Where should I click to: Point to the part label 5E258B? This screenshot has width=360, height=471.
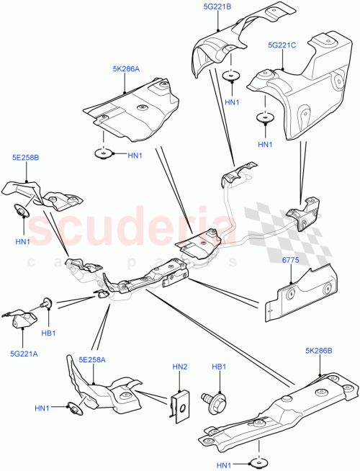coord(25,157)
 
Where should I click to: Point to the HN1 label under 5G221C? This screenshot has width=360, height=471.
coord(266,145)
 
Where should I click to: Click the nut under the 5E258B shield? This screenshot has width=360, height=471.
coord(21,210)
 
